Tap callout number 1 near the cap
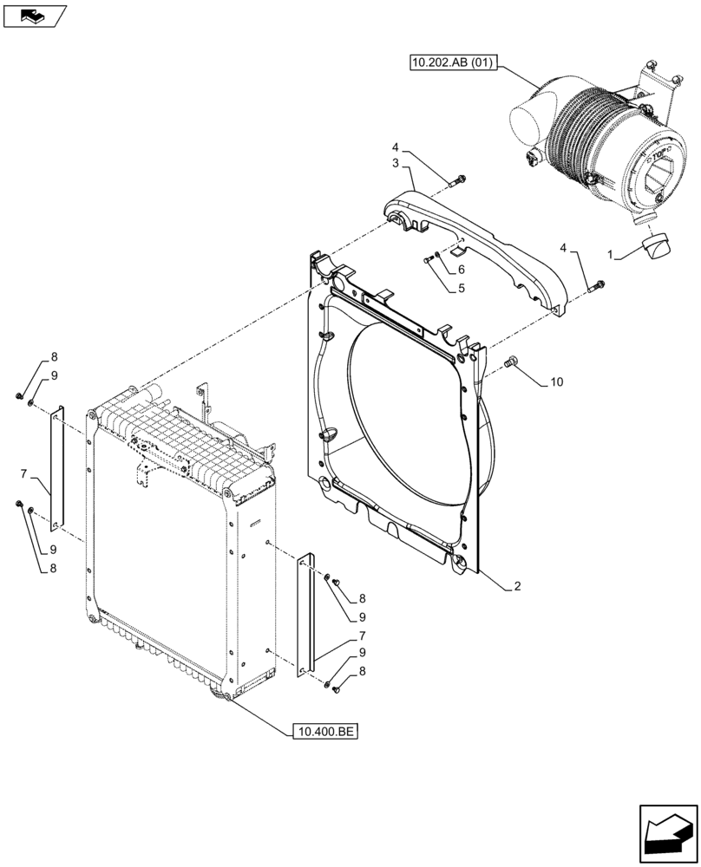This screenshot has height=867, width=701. tap(611, 257)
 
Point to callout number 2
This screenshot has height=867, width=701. tap(517, 587)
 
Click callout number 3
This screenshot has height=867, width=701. tap(395, 163)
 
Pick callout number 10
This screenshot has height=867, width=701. tap(556, 381)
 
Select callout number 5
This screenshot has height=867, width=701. tap(462, 288)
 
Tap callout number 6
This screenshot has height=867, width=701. tap(462, 270)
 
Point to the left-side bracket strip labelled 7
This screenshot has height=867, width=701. tap(57, 468)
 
